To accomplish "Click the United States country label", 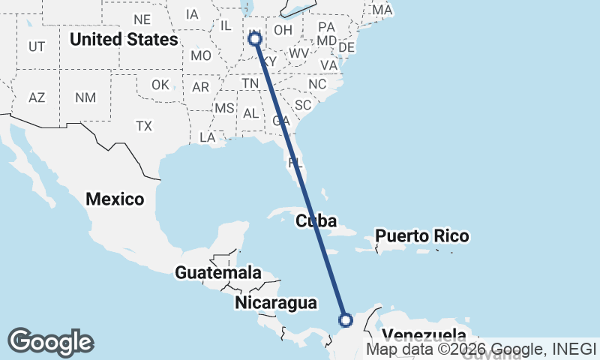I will click(x=123, y=39).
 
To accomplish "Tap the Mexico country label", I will click(x=115, y=199).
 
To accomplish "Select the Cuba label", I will click(x=315, y=221).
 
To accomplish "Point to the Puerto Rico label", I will click(x=422, y=236).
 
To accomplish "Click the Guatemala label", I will click(x=218, y=273).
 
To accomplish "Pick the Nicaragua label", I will click(x=276, y=303).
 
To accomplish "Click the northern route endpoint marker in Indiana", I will click(x=255, y=38).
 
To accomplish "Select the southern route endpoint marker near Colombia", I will click(x=346, y=320).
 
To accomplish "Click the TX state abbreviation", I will click(x=144, y=126).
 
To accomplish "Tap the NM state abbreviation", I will click(x=85, y=97).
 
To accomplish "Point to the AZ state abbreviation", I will click(x=37, y=97).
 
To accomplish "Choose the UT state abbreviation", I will click(x=37, y=46).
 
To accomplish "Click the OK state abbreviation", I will click(x=160, y=85).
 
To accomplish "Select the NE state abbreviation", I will click(x=142, y=19).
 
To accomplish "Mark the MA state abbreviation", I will click(x=382, y=10).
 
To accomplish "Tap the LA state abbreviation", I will click(x=207, y=137).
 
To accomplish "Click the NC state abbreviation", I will click(x=317, y=84).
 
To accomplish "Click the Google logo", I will click(x=50, y=342).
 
